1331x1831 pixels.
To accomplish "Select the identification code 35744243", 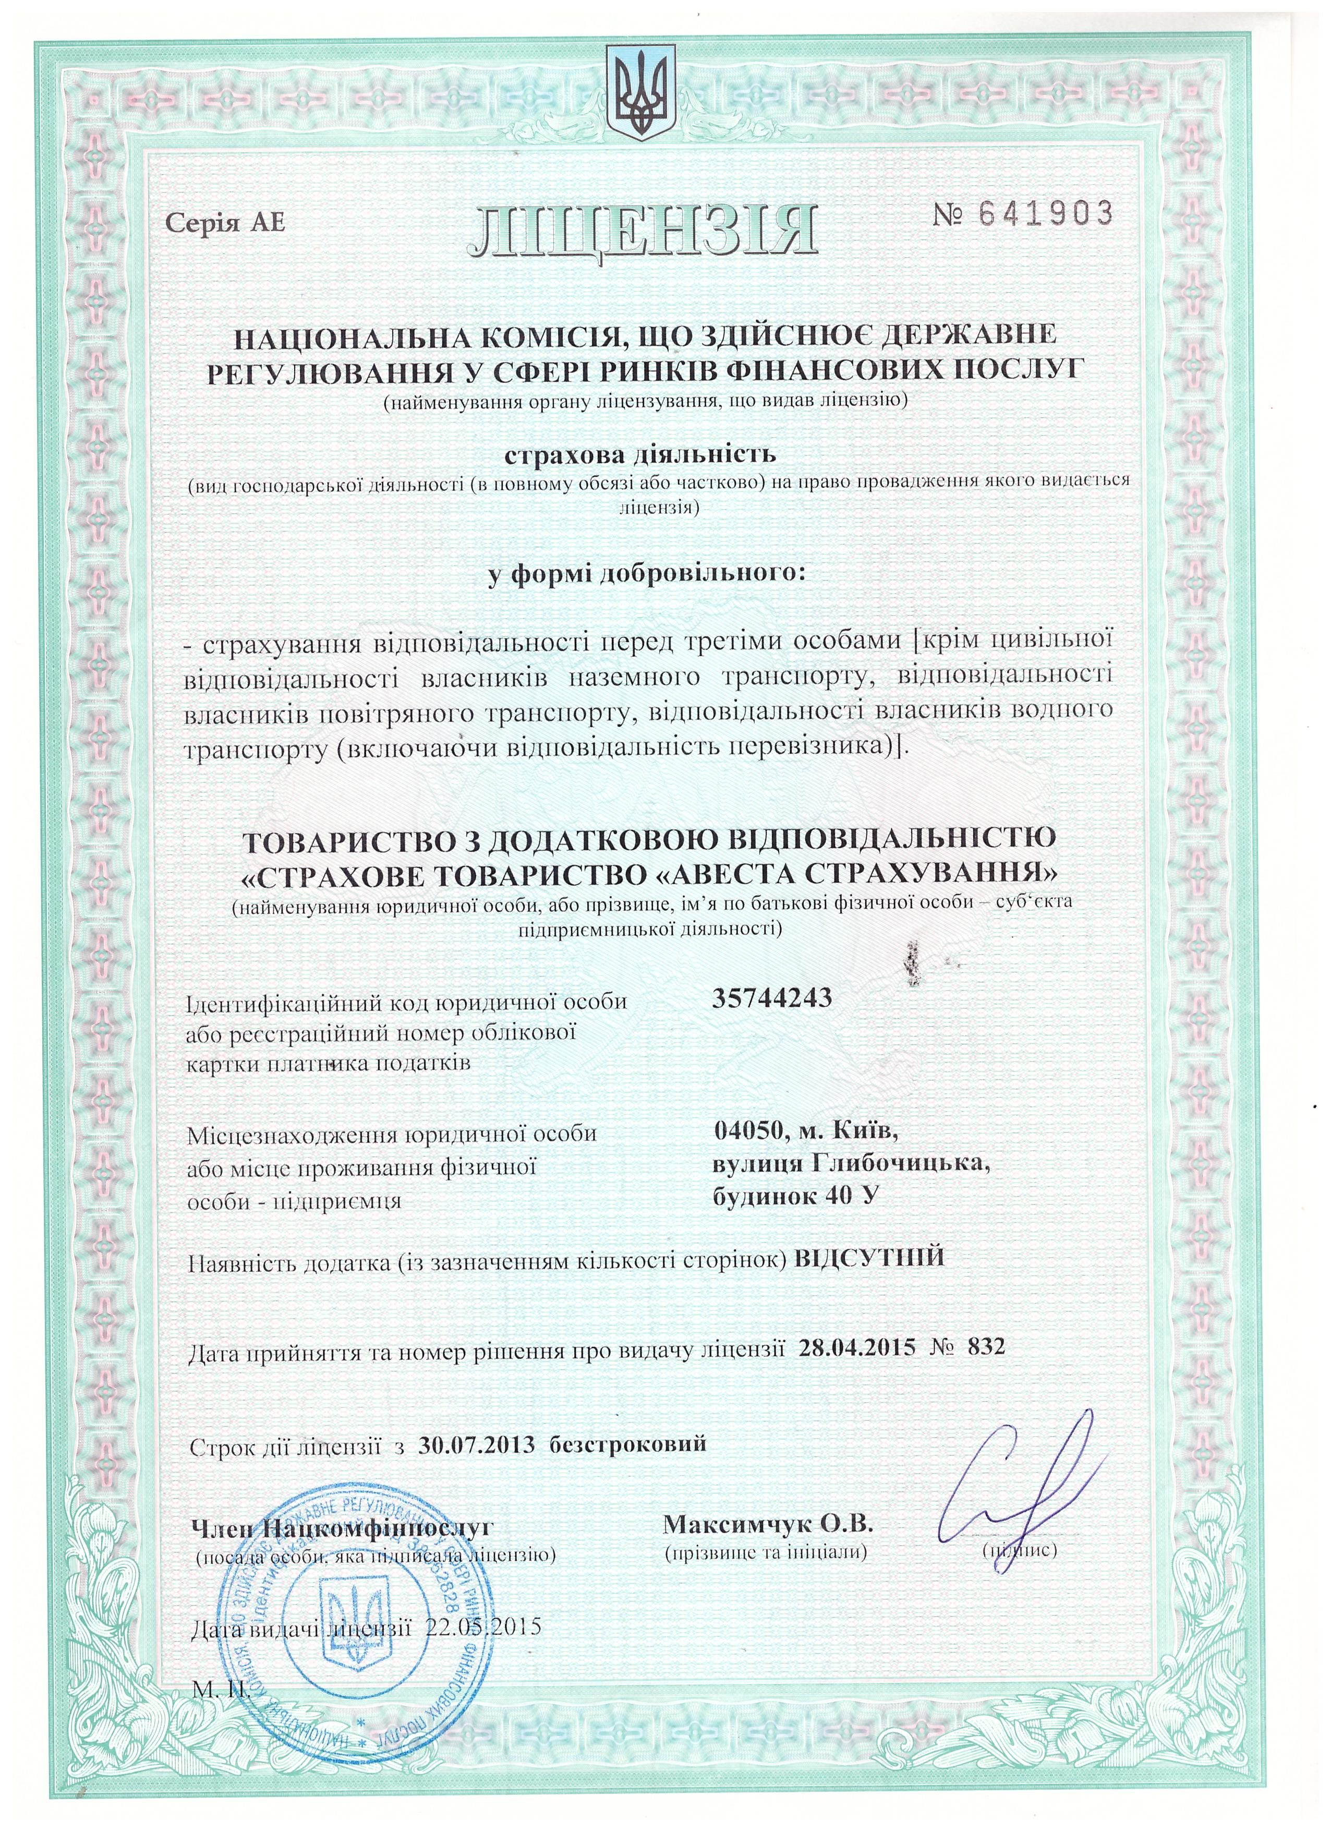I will (x=772, y=998).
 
